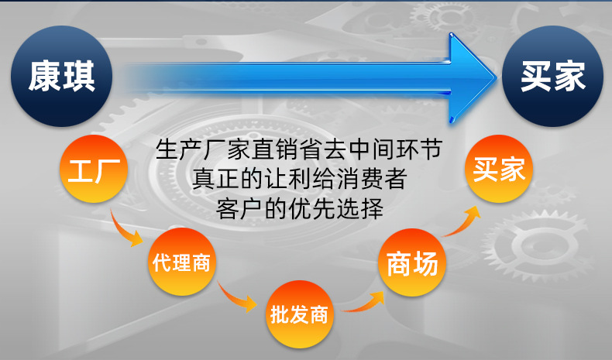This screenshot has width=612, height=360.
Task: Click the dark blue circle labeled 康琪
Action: click(62, 76)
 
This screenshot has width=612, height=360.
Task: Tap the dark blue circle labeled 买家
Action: click(552, 76)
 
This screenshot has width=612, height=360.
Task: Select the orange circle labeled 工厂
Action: click(94, 170)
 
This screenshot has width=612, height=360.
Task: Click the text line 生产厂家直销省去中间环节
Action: click(303, 149)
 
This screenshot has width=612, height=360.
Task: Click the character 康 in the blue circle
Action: click(44, 76)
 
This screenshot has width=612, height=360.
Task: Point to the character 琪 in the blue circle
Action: click(80, 76)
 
